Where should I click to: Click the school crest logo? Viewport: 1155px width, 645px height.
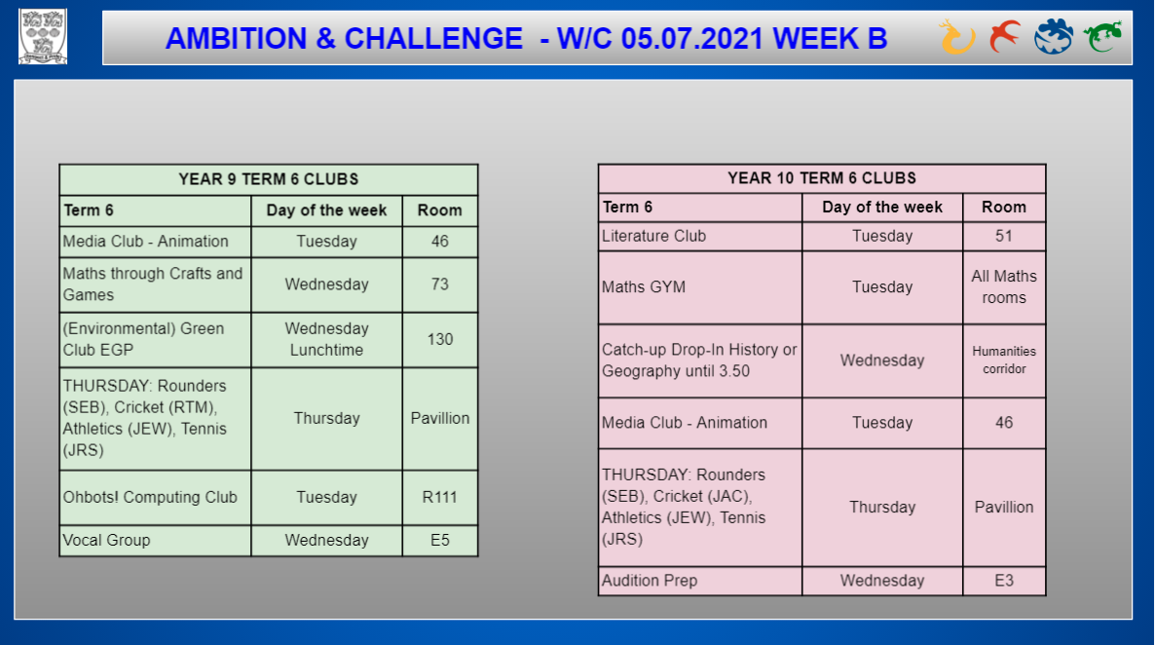(43, 36)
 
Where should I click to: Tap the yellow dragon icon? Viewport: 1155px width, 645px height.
(957, 37)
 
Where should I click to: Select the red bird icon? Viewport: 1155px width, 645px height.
(1005, 36)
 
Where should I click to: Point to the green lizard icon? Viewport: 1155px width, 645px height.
(1102, 36)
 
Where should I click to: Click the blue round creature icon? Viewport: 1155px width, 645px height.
(1054, 36)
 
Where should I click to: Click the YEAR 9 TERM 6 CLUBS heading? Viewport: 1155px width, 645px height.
(268, 179)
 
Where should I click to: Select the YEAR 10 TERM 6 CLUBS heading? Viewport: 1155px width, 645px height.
(821, 177)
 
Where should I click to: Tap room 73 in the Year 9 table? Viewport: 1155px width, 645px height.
(440, 285)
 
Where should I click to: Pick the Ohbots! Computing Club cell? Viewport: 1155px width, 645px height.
(155, 498)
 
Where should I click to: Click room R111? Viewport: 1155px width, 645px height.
(440, 498)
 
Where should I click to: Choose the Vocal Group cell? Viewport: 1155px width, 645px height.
(155, 541)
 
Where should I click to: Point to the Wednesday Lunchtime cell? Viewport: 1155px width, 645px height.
(326, 339)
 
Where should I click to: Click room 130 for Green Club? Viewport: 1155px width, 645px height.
(440, 339)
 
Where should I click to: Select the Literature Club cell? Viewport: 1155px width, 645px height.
(700, 236)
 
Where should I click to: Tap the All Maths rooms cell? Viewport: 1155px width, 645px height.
(1004, 286)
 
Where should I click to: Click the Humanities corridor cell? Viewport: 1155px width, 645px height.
(1004, 360)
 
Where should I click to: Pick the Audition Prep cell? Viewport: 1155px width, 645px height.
(700, 581)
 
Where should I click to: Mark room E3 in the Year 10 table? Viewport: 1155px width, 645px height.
(1004, 581)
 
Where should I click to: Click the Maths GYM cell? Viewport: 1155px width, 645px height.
(700, 286)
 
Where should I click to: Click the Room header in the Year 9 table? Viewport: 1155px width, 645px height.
(440, 210)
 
